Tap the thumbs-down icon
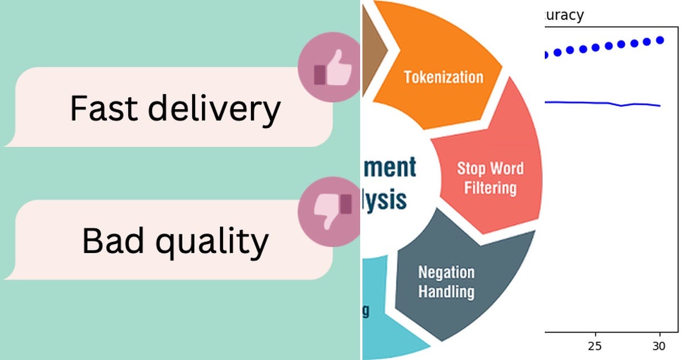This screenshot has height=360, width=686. (x=332, y=211)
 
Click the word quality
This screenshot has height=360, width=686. (x=212, y=242)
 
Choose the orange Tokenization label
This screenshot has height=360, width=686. (x=444, y=77)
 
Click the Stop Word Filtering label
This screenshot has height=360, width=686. (x=490, y=178)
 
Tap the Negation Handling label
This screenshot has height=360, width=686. (x=446, y=282)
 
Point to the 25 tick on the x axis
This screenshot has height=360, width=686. (x=596, y=346)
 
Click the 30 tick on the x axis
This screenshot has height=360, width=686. (x=659, y=346)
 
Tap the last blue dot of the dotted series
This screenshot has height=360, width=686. (x=660, y=40)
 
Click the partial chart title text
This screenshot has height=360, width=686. (x=563, y=15)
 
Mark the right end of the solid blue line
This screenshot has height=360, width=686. (x=660, y=106)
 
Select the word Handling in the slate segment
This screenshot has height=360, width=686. (x=446, y=291)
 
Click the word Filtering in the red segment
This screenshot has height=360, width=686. (x=490, y=187)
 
